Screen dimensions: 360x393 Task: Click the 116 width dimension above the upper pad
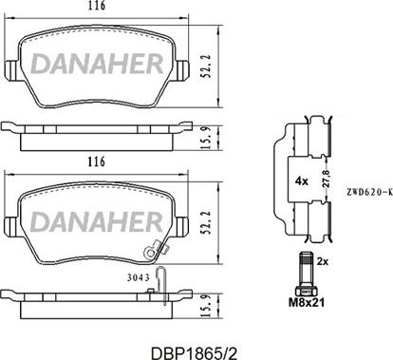click(x=110, y=8)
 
